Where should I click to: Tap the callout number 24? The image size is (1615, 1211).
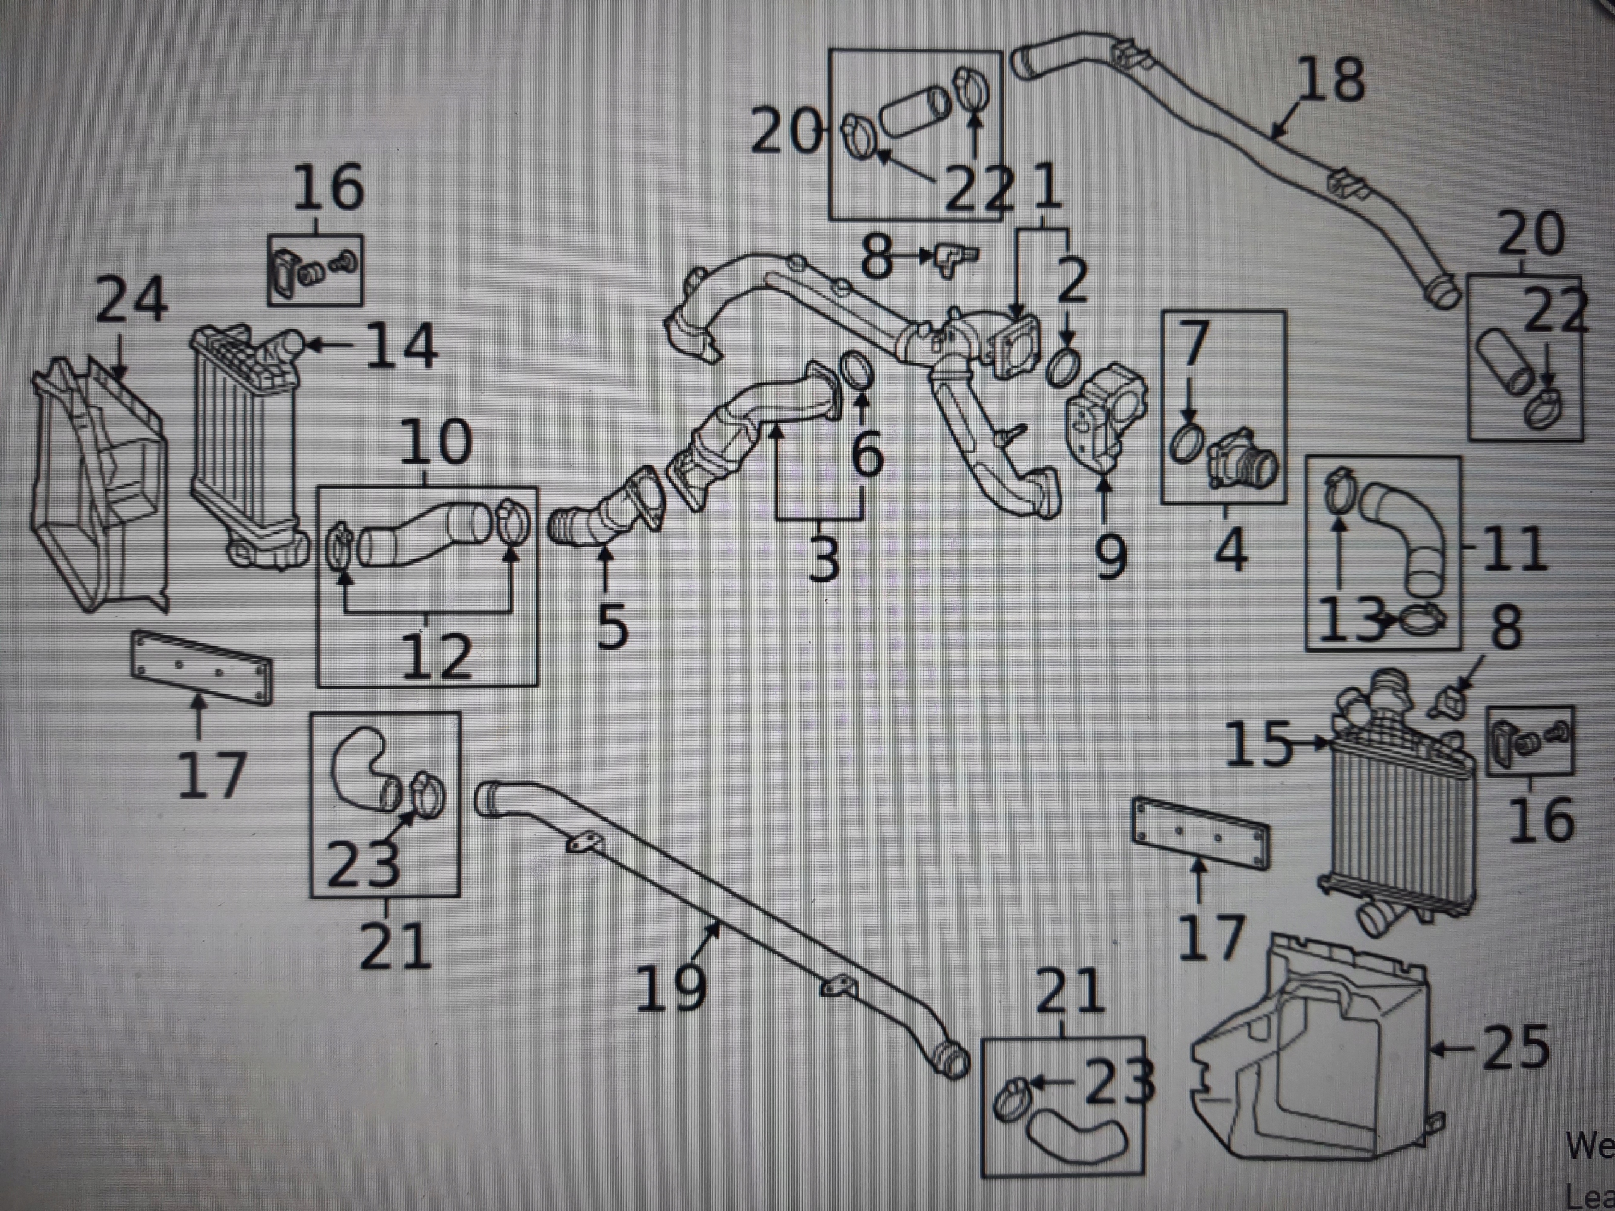pos(131,300)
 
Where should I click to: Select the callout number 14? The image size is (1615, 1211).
pos(401,346)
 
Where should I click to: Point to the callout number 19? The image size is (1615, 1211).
pos(671,987)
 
